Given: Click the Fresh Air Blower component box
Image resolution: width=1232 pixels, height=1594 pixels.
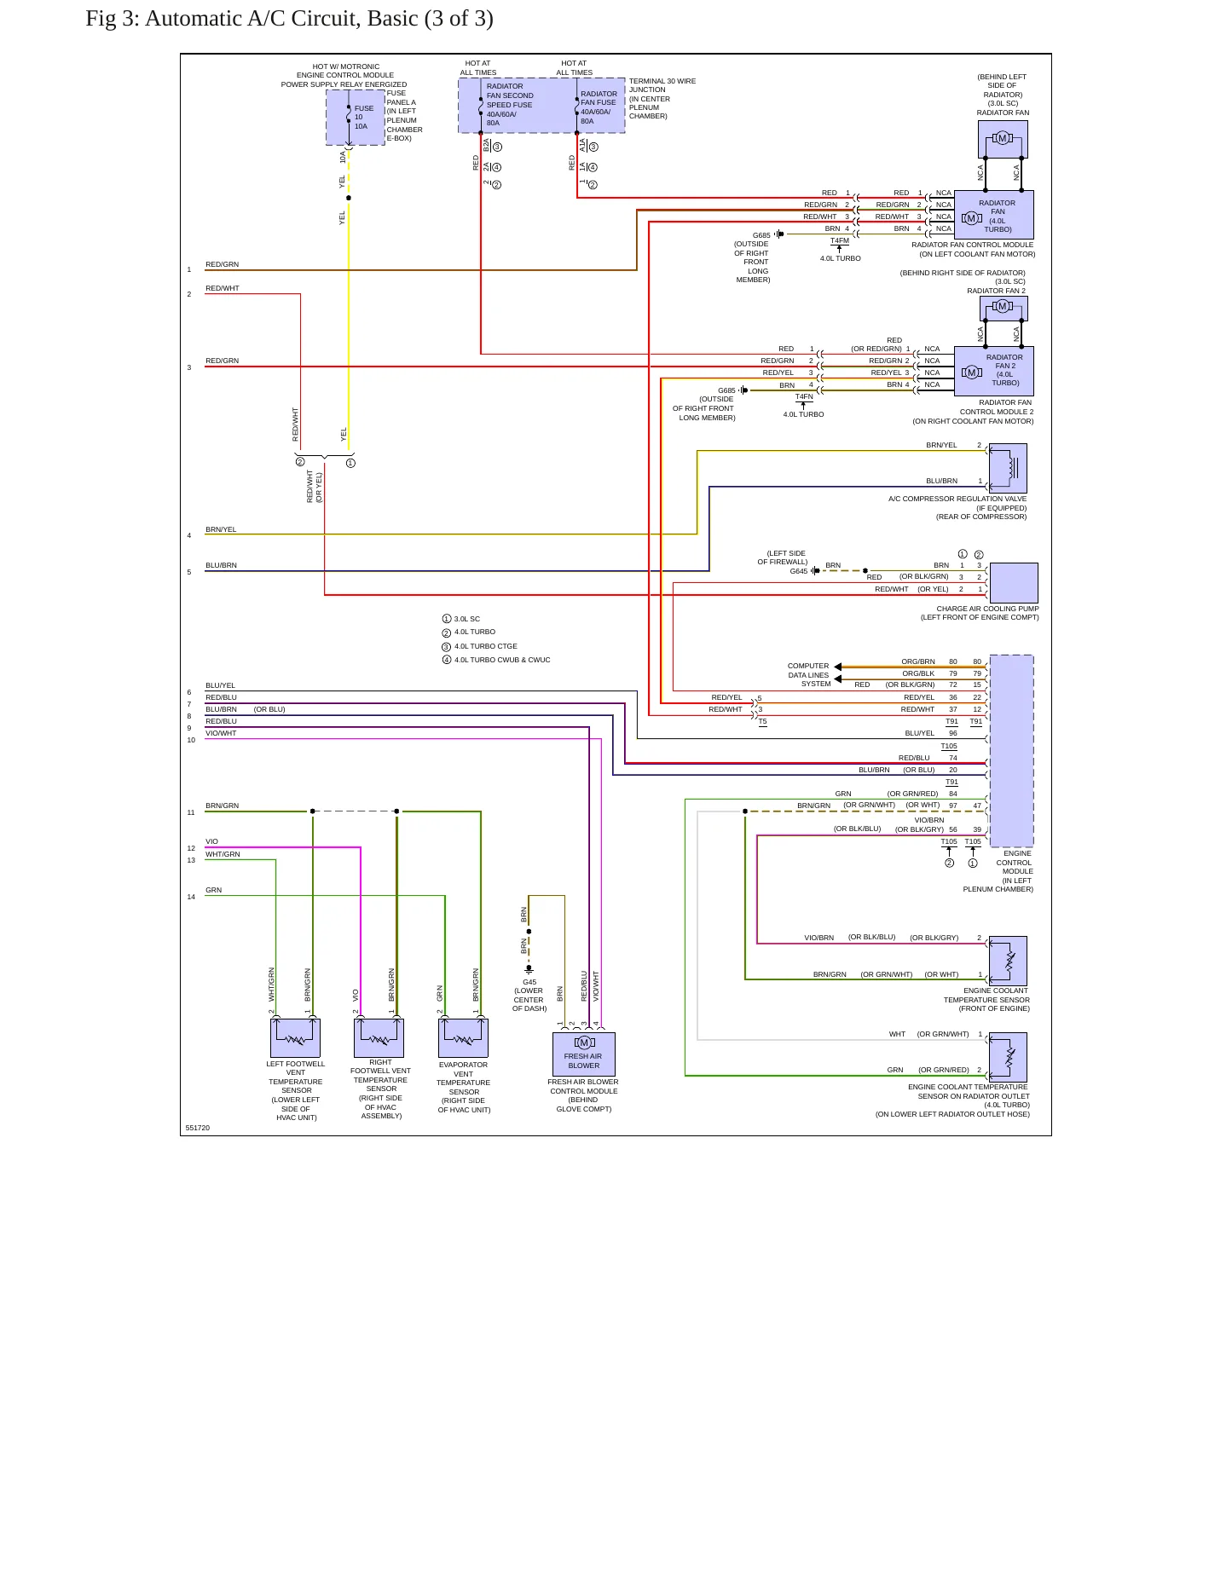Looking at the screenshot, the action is [584, 1054].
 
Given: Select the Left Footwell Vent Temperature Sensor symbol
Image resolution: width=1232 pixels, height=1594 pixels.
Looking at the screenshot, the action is [295, 1037].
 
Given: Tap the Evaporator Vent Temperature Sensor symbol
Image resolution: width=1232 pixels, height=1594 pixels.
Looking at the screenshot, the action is [463, 1037].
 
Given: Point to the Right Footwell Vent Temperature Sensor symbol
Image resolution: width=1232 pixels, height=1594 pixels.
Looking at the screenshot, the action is [379, 1037].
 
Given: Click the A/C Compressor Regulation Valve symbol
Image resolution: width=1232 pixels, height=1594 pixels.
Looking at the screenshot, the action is [1008, 468].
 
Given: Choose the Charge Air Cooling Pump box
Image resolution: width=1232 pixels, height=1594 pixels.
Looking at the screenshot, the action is [1014, 583].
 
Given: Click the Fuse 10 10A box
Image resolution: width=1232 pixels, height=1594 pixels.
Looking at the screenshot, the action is [356, 118].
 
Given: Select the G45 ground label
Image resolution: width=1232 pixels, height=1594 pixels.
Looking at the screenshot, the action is [529, 982].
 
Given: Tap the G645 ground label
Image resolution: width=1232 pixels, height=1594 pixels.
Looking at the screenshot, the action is [798, 571].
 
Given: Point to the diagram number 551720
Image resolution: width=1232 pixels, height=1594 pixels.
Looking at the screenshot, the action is [198, 1128].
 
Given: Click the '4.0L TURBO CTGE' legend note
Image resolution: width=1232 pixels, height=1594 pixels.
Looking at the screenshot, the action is [486, 646].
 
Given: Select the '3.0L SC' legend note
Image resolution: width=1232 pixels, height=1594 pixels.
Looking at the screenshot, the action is [467, 619].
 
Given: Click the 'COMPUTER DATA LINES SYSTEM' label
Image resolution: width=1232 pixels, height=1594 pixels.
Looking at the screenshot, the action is [808, 675].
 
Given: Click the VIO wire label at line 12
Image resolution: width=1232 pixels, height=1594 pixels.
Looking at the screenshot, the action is [211, 841].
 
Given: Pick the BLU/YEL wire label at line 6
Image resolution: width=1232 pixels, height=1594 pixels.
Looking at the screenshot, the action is [220, 685].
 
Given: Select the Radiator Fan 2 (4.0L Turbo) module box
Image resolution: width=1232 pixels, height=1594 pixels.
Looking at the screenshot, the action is [994, 371].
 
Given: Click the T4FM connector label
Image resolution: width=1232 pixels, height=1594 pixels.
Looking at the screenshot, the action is [840, 240].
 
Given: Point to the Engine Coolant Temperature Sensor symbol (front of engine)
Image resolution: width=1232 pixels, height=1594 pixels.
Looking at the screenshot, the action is [1008, 961].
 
